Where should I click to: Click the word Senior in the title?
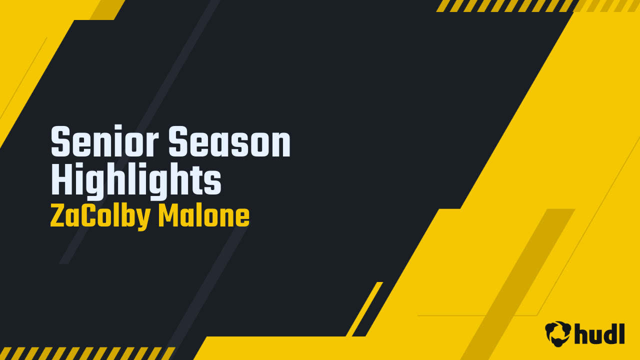(104, 141)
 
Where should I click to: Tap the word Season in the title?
(229, 141)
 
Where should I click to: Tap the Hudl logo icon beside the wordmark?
(558, 333)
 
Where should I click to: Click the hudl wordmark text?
(599, 333)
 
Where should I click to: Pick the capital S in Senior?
(60, 141)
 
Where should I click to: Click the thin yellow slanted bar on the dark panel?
(364, 309)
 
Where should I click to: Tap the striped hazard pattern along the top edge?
(537, 5)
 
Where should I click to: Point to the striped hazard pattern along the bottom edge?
(87, 353)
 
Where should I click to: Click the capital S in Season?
(178, 141)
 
